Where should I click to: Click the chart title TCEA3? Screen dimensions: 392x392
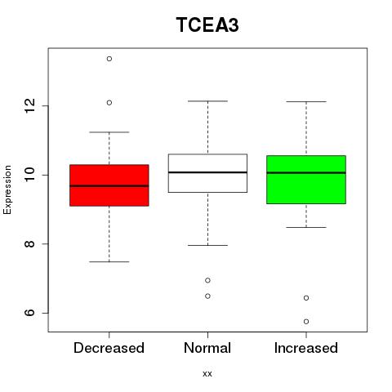coord(207,24)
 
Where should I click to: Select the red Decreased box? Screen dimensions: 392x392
coord(109,185)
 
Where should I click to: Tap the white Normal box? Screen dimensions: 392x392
coord(207,173)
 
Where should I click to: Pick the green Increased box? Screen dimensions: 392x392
coord(306,180)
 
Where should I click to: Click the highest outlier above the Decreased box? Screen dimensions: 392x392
coord(109,59)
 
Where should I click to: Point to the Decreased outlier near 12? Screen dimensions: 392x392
coord(109,103)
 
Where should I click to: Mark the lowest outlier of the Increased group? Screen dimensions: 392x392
coord(306,322)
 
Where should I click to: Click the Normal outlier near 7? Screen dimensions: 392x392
coord(207,280)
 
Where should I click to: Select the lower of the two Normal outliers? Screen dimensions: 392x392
coord(207,296)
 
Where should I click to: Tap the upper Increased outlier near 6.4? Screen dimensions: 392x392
coord(306,298)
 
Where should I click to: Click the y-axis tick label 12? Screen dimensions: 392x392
coord(29,106)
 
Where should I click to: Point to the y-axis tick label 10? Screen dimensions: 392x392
coord(29,175)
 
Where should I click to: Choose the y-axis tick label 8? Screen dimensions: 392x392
coord(29,243)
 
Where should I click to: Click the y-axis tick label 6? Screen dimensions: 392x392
coord(29,313)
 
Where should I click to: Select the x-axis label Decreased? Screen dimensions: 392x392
coord(109,348)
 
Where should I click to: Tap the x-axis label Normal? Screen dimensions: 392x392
coord(207,348)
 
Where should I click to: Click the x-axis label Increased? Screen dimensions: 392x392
coord(306,348)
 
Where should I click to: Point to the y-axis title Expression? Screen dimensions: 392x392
coord(7,189)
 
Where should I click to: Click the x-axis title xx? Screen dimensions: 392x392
coord(207,374)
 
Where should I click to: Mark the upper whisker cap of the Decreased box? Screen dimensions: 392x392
coord(109,132)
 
